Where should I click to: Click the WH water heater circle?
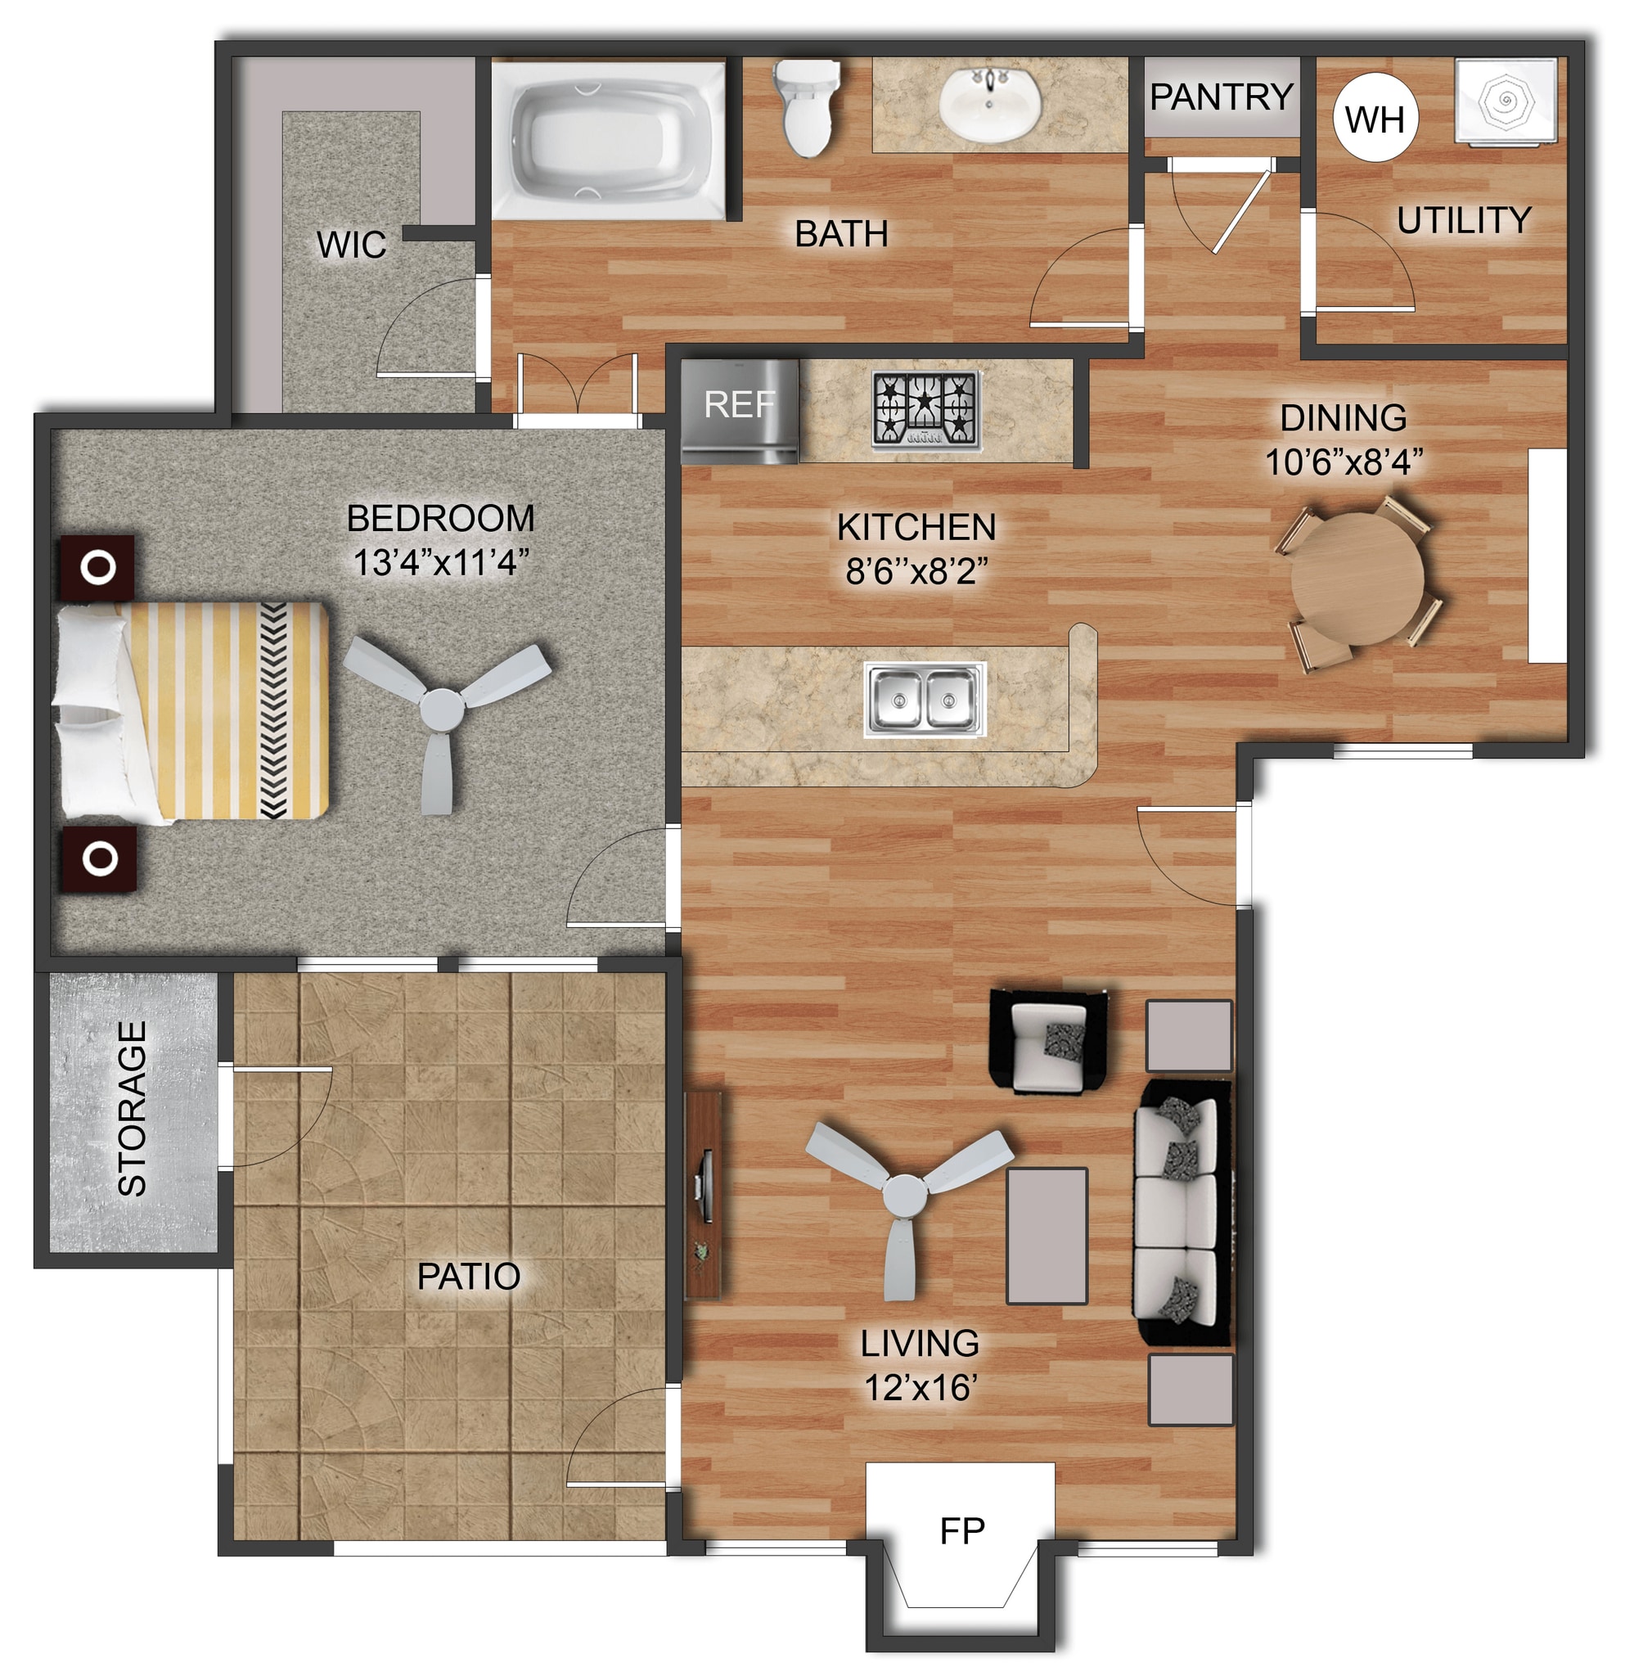(1375, 118)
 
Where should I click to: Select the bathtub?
(607, 138)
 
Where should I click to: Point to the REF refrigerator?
(740, 412)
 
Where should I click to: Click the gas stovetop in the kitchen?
(925, 410)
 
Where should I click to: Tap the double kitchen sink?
(924, 699)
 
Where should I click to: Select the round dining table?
(1357, 578)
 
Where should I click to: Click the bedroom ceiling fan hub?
(442, 708)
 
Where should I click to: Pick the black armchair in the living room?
(1048, 1042)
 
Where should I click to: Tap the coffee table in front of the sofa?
(1047, 1236)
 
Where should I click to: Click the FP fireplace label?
(961, 1531)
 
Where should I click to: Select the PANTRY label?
(1221, 97)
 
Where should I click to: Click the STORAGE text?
(133, 1108)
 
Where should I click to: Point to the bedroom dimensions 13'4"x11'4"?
(441, 563)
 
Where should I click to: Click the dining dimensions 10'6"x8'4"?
(1343, 462)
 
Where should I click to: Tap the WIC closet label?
(350, 246)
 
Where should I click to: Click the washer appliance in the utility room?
(1505, 101)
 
